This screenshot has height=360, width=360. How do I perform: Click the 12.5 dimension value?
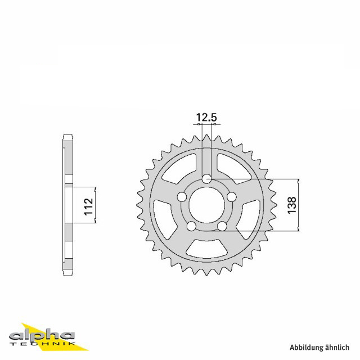206,118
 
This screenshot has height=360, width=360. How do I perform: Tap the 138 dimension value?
292,205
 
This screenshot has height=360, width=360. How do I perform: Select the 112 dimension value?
89,206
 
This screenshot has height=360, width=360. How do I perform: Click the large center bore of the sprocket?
206,205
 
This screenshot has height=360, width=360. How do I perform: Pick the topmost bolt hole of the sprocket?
206,179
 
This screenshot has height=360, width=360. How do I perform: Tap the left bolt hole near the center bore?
182,197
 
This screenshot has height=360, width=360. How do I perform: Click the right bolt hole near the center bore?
232,197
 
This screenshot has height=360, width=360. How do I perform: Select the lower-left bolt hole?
191,226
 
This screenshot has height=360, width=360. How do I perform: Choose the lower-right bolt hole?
222,226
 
